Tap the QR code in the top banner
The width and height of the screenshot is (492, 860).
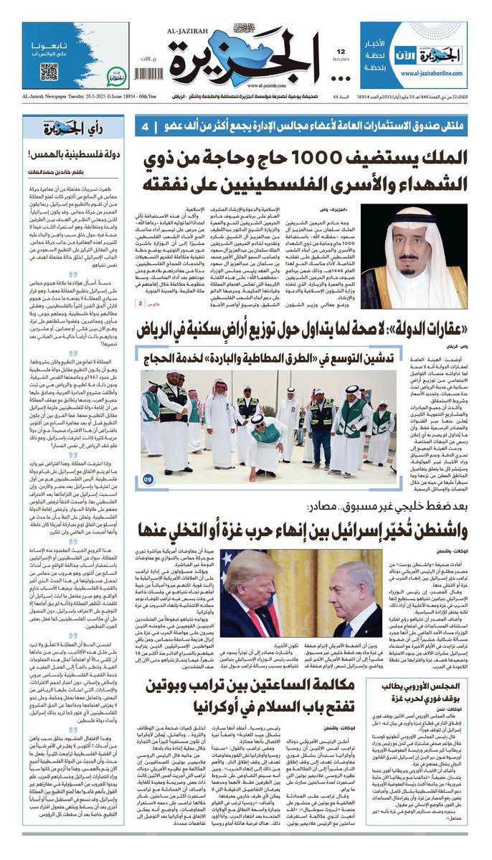click(x=49, y=71)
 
